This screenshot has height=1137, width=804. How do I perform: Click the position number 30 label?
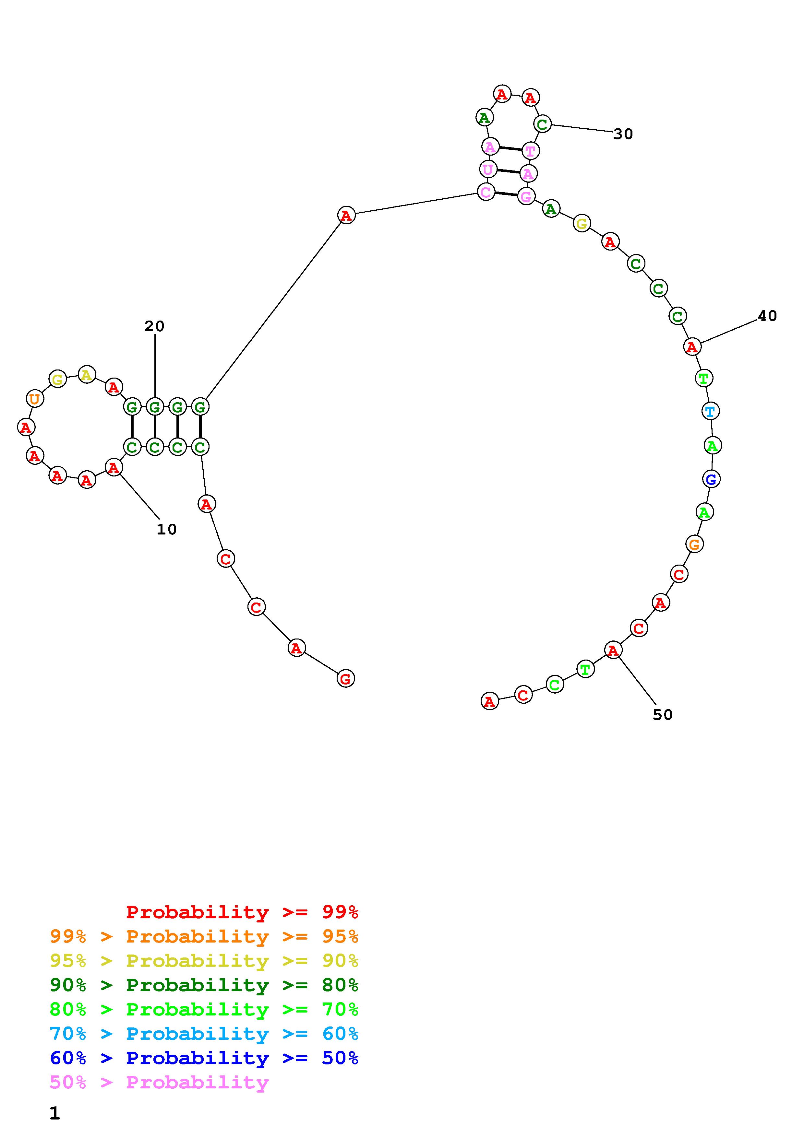623,134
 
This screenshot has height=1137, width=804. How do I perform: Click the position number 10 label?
166,529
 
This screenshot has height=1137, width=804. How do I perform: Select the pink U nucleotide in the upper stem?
488,170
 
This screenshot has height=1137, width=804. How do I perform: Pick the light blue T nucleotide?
710,411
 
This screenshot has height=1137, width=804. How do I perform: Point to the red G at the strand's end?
345,678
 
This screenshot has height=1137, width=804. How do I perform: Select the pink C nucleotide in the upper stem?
486,192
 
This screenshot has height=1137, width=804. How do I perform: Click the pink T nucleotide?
530,150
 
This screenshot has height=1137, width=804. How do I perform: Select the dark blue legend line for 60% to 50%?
204,1058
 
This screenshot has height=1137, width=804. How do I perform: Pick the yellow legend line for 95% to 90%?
204,961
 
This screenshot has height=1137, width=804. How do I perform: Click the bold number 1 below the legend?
54,1113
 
